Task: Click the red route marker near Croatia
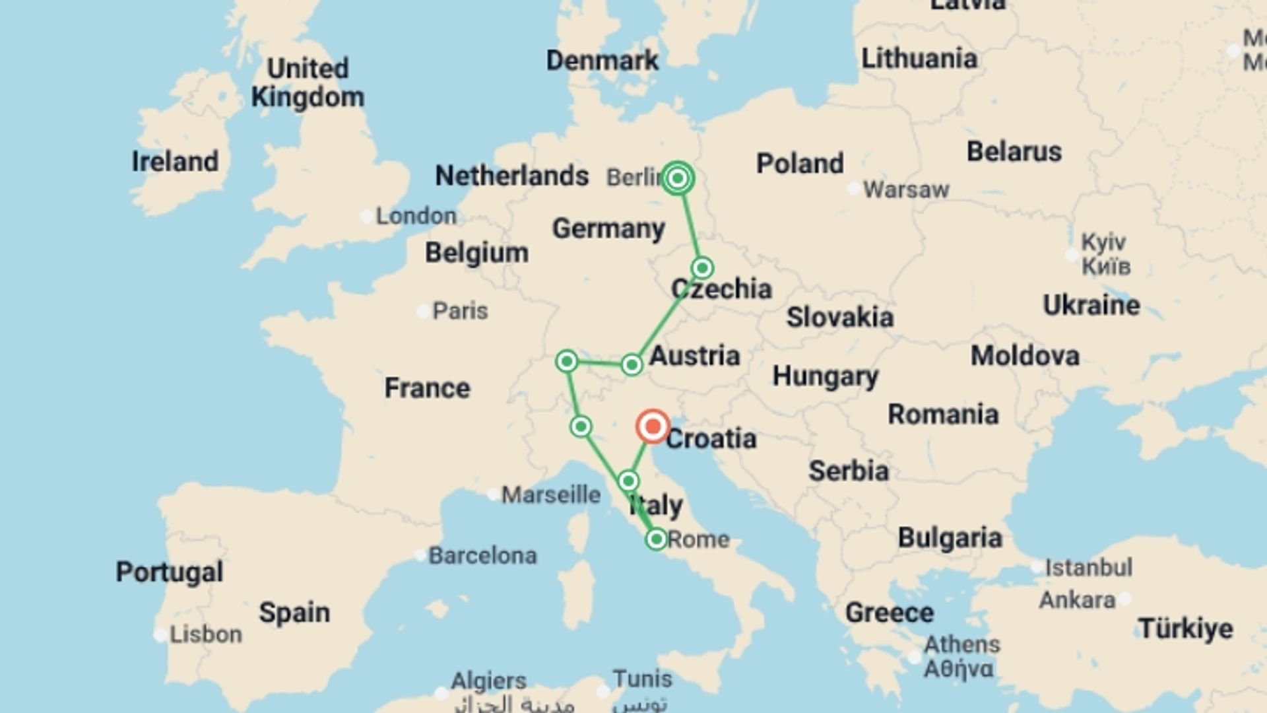point(653,426)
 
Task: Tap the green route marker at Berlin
point(677,178)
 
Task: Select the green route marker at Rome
point(656,539)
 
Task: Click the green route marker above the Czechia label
point(702,268)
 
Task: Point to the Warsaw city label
point(906,190)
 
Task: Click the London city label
point(416,216)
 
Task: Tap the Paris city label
point(460,311)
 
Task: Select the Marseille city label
point(551,494)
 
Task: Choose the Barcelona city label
point(482,556)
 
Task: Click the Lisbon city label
point(206,634)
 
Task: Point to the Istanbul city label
point(1089,567)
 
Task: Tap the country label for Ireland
point(175,162)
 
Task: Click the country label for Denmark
point(602,61)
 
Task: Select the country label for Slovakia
point(839,318)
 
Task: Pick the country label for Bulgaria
point(950,539)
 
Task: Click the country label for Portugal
point(170,572)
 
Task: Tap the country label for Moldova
point(1025,356)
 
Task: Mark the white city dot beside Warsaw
point(853,189)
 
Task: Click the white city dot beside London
point(367,217)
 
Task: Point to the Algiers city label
point(489,681)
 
